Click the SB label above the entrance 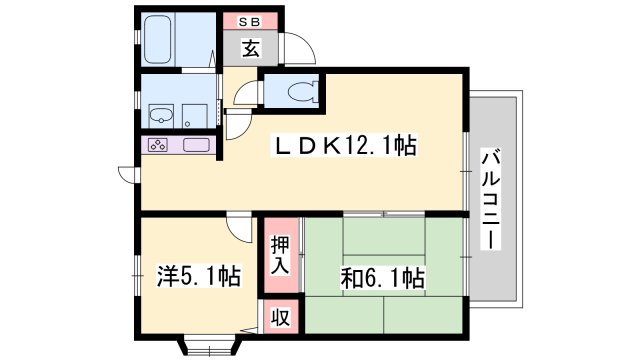(249, 22)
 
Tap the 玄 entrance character (251, 49)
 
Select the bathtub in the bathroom (157, 40)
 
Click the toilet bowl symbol (301, 91)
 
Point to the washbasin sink (161, 116)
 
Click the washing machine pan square (194, 116)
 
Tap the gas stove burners (158, 145)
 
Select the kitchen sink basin (196, 145)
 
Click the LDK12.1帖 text (345, 146)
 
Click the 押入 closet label (280, 255)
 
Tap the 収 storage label (280, 317)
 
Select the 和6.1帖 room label (383, 278)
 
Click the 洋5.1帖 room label (199, 276)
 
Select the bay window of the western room (208, 346)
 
